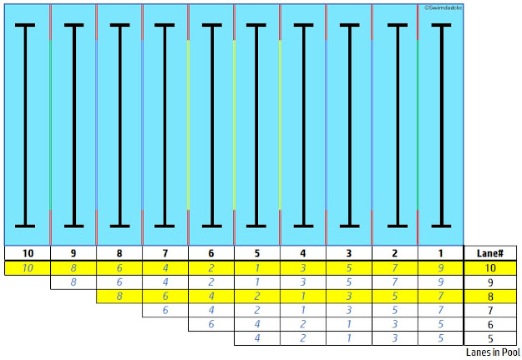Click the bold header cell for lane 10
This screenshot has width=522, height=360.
coord(28,253)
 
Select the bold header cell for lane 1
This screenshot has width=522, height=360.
coord(440,253)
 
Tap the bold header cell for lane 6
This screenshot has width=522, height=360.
coord(211,253)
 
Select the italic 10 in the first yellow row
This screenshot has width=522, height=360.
coord(28,268)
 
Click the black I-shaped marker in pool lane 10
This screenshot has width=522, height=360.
coord(28,125)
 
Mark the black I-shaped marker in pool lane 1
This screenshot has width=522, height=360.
coord(440,125)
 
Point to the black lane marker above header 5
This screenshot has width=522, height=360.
coord(257,125)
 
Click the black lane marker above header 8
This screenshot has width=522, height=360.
coord(119,125)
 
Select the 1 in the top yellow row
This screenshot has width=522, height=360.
coord(257,268)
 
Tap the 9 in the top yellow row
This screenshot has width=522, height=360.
coord(440,268)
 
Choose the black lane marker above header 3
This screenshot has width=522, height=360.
coord(349,125)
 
